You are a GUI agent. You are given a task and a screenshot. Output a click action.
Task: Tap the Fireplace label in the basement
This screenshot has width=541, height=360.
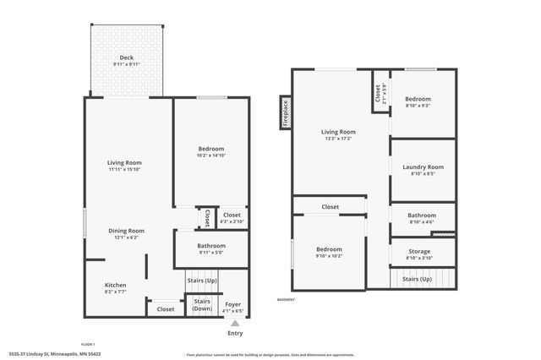[x=286, y=114]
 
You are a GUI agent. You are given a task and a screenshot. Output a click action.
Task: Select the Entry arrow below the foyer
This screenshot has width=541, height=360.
[x=235, y=323]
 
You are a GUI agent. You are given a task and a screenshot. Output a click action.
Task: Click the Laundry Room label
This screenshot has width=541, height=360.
[x=423, y=167]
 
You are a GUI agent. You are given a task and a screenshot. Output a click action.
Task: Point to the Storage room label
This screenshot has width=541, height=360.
[x=419, y=252]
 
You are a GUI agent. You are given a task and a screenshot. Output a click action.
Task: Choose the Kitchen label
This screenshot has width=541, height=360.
[x=116, y=286]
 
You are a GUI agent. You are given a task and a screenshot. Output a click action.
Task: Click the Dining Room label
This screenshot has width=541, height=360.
[x=125, y=231]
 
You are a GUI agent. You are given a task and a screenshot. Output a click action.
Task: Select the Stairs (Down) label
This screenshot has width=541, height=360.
[x=202, y=305]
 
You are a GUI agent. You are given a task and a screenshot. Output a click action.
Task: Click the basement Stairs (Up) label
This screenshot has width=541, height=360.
[x=417, y=279]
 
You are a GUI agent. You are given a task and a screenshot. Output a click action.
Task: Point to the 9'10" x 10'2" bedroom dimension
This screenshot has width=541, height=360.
[x=329, y=255]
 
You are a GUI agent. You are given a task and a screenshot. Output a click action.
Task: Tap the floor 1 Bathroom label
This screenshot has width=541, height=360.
[x=210, y=246]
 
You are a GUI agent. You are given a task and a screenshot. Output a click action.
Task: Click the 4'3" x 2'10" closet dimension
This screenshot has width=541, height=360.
[x=232, y=221]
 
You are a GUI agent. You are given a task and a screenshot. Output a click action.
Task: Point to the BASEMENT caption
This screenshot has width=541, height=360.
[x=287, y=299]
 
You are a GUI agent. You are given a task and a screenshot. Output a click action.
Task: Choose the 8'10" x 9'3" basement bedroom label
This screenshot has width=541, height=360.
[x=423, y=106]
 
